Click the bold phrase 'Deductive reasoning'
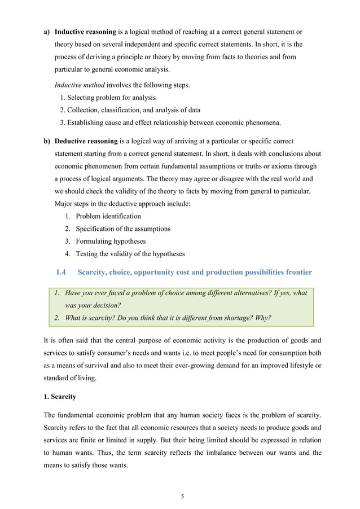[x=86, y=141]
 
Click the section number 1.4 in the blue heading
[x=62, y=273]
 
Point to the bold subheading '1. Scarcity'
[x=60, y=397]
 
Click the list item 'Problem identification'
[x=108, y=216]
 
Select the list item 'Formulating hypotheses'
[x=111, y=241]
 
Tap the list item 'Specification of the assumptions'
[x=123, y=229]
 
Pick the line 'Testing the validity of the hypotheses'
[x=130, y=253]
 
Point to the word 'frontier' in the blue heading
[x=297, y=273]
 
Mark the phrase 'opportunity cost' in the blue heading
[x=173, y=273]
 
